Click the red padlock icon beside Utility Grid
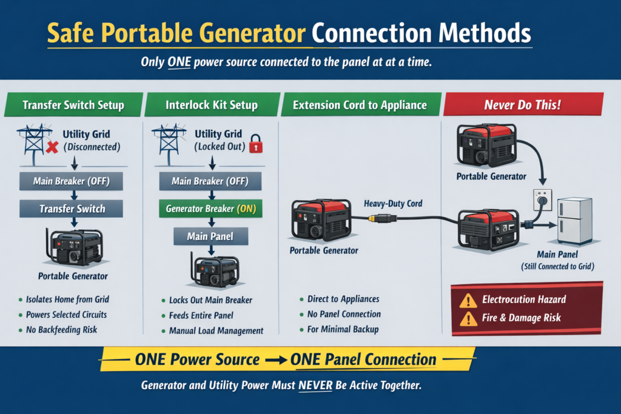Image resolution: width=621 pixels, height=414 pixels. (257, 145)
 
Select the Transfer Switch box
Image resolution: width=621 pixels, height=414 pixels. (72, 209)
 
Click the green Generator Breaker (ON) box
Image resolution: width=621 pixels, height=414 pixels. (212, 209)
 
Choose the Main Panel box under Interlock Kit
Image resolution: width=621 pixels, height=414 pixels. (212, 236)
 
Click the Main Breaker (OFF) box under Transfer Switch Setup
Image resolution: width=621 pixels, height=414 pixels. (72, 181)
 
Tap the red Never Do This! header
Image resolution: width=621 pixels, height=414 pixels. (522, 105)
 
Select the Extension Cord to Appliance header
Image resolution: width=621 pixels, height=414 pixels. (360, 105)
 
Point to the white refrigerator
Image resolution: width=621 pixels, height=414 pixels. (574, 221)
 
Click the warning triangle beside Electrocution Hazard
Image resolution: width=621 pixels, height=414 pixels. (468, 299)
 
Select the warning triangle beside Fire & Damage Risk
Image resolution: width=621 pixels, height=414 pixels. (468, 318)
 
